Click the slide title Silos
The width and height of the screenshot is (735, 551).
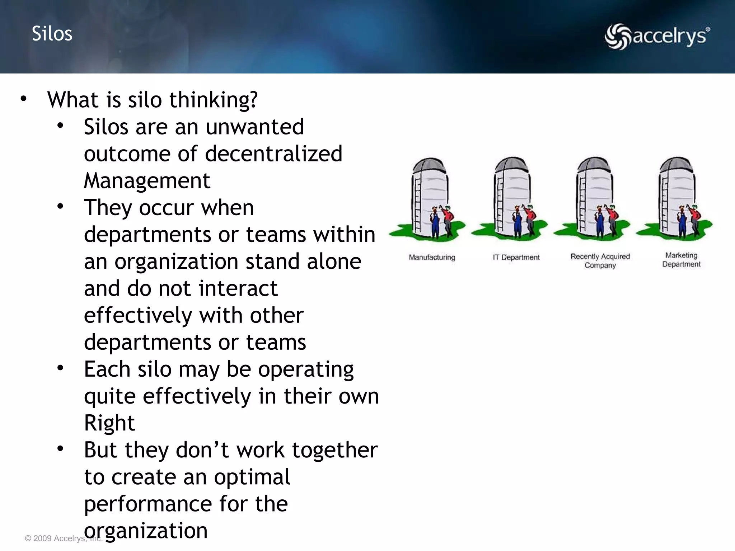(x=52, y=34)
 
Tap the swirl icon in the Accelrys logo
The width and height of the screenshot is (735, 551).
(x=617, y=36)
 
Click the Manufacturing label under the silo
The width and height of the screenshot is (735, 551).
(x=432, y=257)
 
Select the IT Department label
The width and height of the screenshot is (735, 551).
(x=516, y=257)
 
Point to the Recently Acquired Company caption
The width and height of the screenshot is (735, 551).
(x=600, y=261)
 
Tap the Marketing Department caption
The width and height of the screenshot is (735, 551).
(x=681, y=260)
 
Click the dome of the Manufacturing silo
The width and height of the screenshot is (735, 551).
(x=429, y=166)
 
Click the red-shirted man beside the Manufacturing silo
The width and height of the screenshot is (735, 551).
(x=448, y=219)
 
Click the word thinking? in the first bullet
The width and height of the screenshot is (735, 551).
(x=213, y=100)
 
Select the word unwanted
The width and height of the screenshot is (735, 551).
(x=254, y=127)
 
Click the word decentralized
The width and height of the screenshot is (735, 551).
(x=273, y=154)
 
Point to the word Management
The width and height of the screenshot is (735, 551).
(x=147, y=181)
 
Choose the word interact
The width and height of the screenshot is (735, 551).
(x=238, y=288)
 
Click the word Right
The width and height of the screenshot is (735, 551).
(x=109, y=423)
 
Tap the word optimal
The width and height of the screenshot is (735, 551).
(x=252, y=477)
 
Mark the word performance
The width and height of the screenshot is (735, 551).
(x=148, y=504)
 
